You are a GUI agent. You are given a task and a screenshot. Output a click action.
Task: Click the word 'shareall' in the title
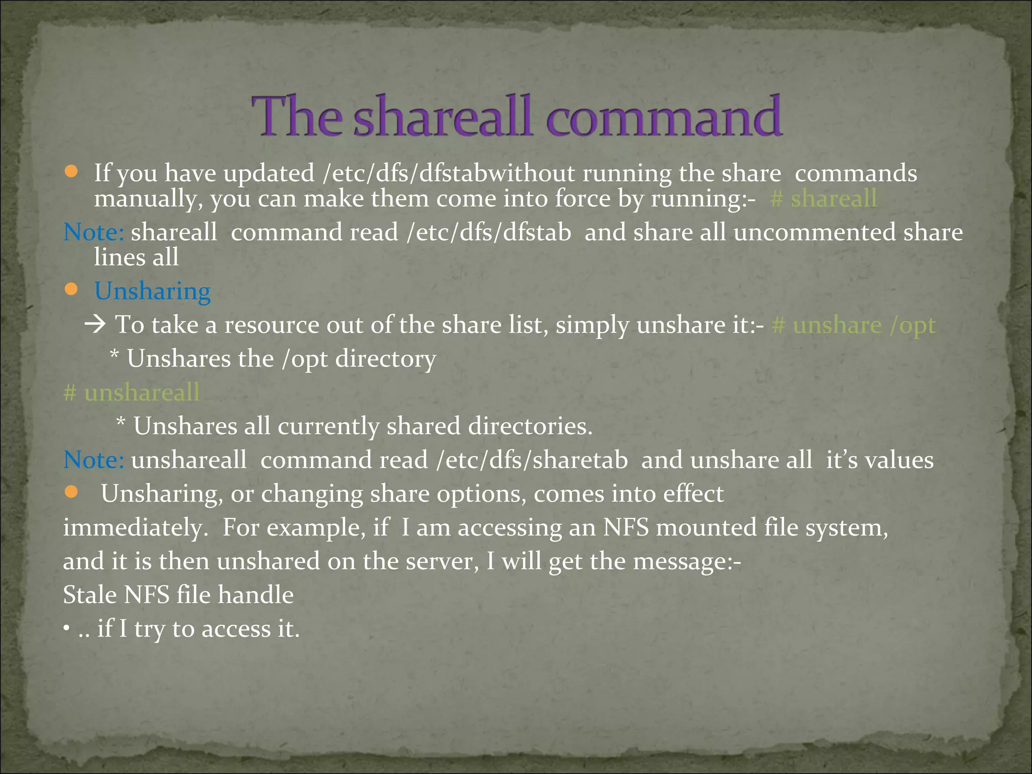point(442,117)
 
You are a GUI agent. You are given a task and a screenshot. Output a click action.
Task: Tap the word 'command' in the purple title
point(664,117)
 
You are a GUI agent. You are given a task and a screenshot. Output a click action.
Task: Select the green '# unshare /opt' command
point(854,325)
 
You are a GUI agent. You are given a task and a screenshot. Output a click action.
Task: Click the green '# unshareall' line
point(132,392)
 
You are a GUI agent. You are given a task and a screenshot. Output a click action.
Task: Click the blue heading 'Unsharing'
point(152,291)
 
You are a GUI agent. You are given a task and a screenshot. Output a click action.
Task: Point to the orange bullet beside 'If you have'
point(71,172)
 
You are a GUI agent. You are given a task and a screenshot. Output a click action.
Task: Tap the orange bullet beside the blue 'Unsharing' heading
point(71,289)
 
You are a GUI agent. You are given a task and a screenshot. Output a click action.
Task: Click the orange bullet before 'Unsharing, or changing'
point(71,492)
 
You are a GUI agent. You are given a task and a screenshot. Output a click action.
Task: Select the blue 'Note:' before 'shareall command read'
point(94,232)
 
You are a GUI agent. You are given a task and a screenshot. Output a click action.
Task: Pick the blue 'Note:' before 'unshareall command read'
point(94,460)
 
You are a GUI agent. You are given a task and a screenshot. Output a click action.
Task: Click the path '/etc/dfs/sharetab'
point(532,460)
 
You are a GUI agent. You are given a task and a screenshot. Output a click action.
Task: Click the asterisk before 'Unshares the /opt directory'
point(115,357)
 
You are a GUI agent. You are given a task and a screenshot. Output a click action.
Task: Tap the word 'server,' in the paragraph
point(442,561)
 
